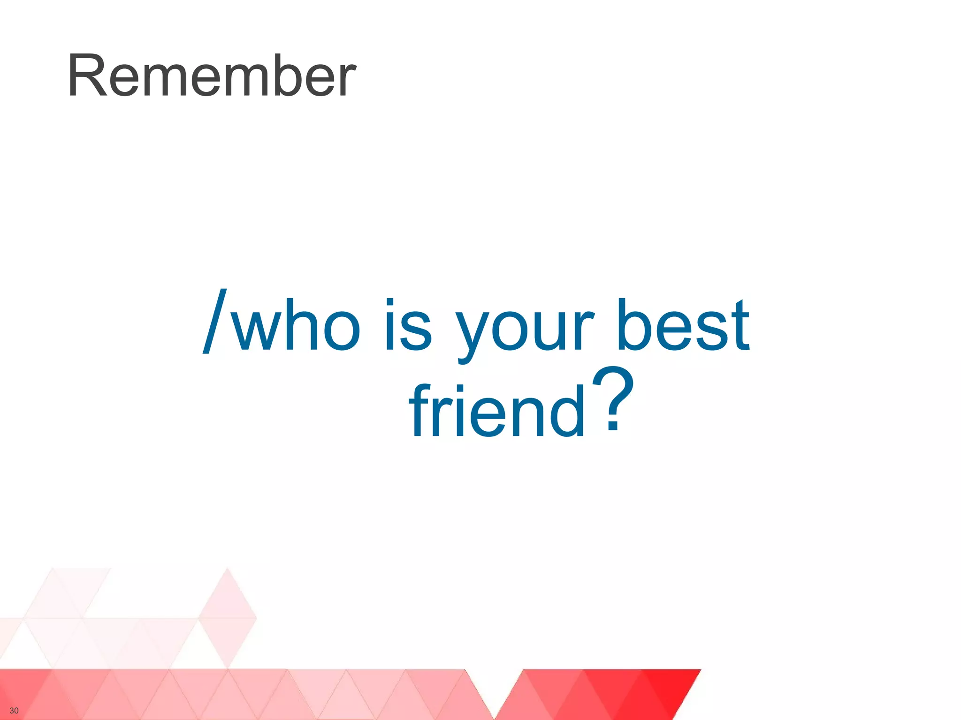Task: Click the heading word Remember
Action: click(212, 76)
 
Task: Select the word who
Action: click(297, 324)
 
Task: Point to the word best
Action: click(683, 324)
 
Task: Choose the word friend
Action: click(497, 410)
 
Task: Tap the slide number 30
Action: click(14, 711)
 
